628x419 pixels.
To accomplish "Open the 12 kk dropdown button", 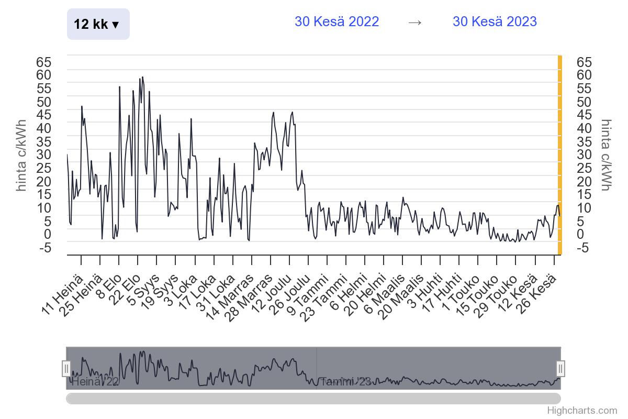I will coord(98,24).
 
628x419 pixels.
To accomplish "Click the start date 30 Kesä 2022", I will coord(337,21).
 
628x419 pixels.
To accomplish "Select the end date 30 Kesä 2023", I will coord(495,21).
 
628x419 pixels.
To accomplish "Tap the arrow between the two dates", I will coord(415,22).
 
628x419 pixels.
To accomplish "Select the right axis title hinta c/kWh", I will coord(606,155).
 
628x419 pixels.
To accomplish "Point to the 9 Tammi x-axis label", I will coord(309,293).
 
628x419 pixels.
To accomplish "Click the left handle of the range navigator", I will coord(66,368).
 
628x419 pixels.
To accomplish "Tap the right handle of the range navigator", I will coord(560,368).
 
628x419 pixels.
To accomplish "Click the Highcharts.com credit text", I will coord(582,411).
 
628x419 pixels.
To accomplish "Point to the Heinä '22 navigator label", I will coord(95,381).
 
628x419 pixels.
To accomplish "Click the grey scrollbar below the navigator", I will coord(313,399).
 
